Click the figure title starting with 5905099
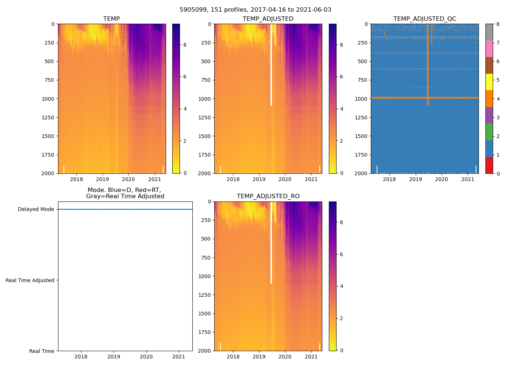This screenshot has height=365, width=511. [255, 10]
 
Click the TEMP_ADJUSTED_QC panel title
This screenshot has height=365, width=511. [424, 19]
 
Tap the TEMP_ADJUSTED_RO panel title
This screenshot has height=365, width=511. [268, 196]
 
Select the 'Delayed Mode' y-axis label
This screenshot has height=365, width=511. [36, 209]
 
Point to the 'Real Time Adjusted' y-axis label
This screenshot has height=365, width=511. [30, 280]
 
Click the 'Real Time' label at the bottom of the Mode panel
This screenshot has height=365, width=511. [42, 351]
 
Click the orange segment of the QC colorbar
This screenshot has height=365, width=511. [489, 99]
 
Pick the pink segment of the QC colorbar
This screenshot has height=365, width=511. [489, 49]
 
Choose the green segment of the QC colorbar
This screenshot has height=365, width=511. [489, 132]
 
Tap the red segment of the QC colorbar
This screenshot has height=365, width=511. [489, 165]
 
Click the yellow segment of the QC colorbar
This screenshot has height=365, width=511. [489, 82]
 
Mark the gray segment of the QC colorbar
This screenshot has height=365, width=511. [489, 32]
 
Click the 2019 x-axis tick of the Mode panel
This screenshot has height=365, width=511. [114, 357]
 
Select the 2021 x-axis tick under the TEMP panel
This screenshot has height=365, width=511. [155, 179]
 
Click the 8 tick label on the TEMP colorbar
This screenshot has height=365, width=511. [185, 45]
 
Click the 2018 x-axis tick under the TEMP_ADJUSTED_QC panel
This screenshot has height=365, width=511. [389, 179]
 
